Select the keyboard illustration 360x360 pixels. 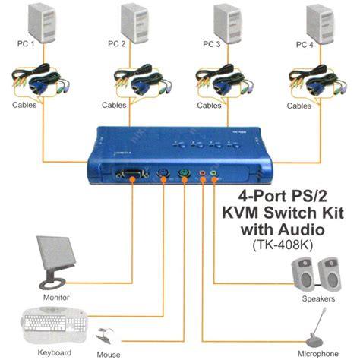tap(54, 324)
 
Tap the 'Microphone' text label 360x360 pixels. tap(317, 353)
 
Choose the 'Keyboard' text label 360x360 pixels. tap(53, 353)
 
